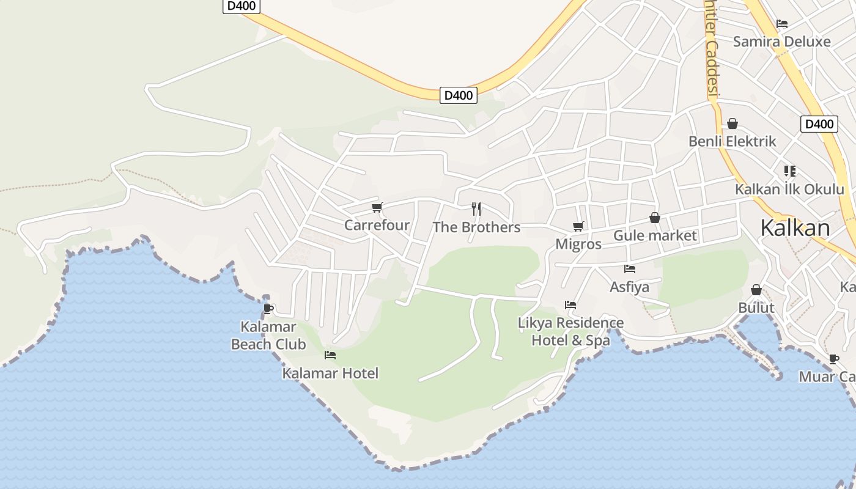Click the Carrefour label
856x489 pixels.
pyautogui.click(x=377, y=225)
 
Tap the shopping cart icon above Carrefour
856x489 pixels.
pyautogui.click(x=377, y=208)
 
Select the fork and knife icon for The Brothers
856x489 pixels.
pyautogui.click(x=476, y=209)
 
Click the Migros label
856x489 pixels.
pyautogui.click(x=578, y=244)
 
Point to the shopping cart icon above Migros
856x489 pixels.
pyautogui.click(x=578, y=227)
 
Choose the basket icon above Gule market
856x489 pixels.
pyautogui.click(x=654, y=218)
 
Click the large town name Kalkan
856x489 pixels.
pyautogui.click(x=795, y=228)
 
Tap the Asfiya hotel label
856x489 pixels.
pyautogui.click(x=629, y=287)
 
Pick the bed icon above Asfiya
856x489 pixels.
pyautogui.click(x=629, y=269)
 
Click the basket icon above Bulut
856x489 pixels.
pyautogui.click(x=756, y=290)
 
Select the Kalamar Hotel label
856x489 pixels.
pyautogui.click(x=330, y=373)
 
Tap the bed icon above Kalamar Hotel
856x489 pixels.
pyautogui.click(x=330, y=355)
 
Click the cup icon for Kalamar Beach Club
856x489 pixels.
pyautogui.click(x=268, y=309)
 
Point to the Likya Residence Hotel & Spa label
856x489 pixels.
pyautogui.click(x=570, y=331)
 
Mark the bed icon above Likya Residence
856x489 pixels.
pyautogui.click(x=570, y=304)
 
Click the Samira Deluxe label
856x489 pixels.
pyautogui.click(x=781, y=42)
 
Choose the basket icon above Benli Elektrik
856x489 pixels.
pyautogui.click(x=732, y=124)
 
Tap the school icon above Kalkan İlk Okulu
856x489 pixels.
pyautogui.click(x=789, y=171)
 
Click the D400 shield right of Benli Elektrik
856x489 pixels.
pyautogui.click(x=819, y=124)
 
